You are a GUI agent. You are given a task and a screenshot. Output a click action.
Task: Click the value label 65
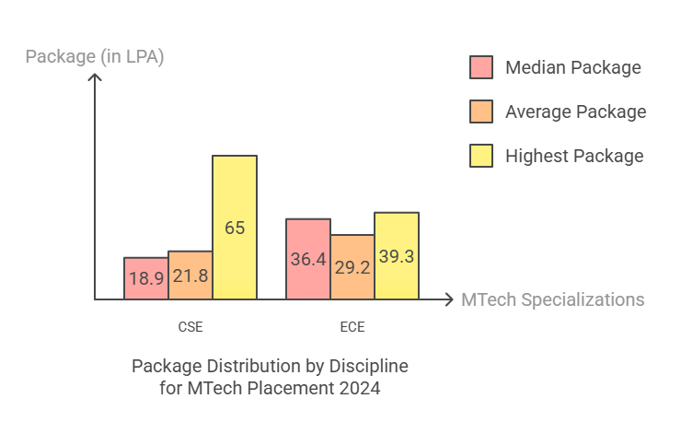(x=235, y=228)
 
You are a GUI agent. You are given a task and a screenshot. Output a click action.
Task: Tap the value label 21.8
(x=190, y=275)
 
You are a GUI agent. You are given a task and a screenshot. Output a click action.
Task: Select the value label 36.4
(x=308, y=260)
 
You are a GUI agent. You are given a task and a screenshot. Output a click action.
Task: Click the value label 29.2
(x=352, y=267)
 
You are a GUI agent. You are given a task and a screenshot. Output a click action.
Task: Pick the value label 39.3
(x=397, y=256)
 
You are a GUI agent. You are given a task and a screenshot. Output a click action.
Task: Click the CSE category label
(x=190, y=326)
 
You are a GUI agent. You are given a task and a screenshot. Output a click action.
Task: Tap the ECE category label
(x=352, y=326)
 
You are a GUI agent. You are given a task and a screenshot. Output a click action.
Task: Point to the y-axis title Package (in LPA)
(x=95, y=57)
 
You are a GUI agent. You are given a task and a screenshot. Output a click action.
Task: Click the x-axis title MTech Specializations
(x=552, y=299)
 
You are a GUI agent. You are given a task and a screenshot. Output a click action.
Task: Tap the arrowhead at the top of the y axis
(x=94, y=76)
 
